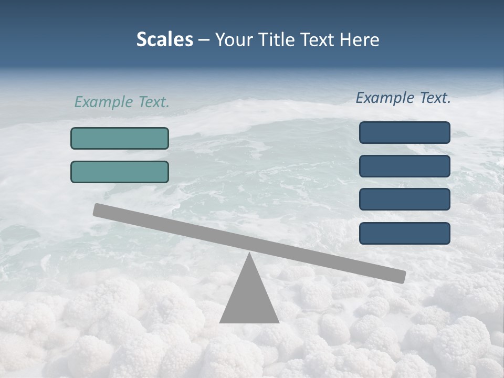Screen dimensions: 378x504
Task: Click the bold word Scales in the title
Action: pos(164,39)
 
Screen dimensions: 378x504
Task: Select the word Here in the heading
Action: pos(360,39)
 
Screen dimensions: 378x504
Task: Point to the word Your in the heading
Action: pos(233,39)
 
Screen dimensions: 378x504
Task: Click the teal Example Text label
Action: pos(122,102)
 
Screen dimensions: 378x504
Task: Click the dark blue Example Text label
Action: pos(403,98)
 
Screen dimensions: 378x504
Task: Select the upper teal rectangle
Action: pos(120,138)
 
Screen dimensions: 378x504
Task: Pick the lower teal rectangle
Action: pos(120,172)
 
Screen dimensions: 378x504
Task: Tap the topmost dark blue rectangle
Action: pos(405,132)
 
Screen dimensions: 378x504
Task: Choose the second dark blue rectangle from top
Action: pos(405,166)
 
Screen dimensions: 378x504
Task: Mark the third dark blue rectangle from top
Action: pos(405,199)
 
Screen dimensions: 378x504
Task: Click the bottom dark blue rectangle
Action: pos(405,233)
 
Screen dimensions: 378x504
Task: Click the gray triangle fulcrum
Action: pos(249,299)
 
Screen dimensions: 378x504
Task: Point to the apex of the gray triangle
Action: pos(249,254)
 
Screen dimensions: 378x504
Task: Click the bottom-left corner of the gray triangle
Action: pos(220,322)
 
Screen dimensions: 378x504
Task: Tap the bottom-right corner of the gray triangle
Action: pos(278,322)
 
